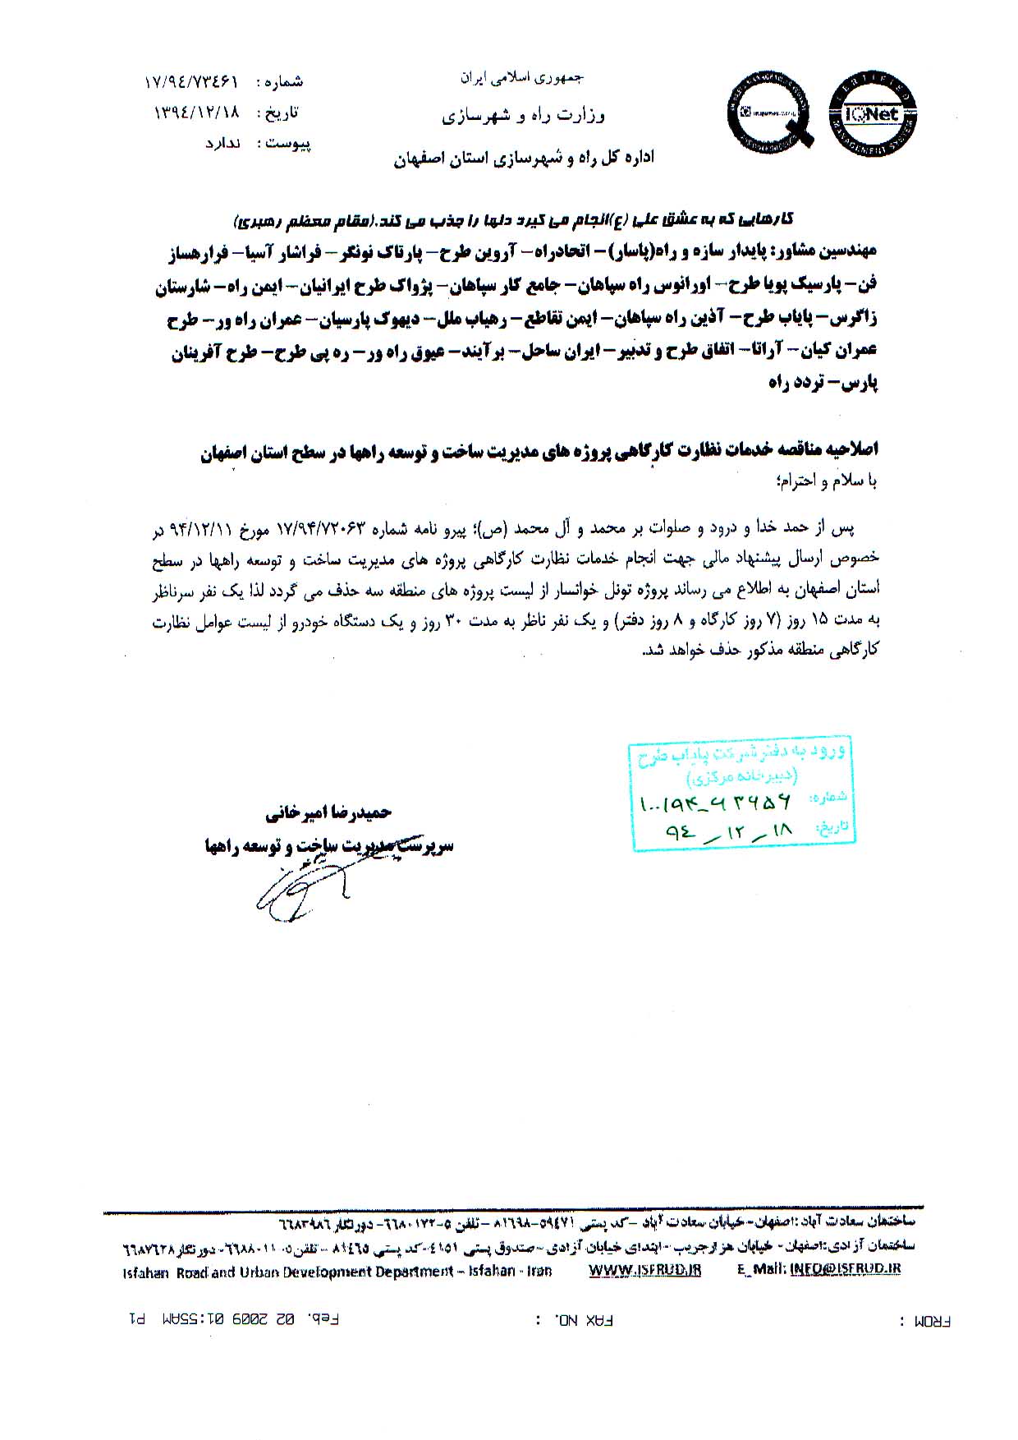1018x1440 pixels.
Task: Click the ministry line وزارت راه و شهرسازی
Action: click(x=524, y=116)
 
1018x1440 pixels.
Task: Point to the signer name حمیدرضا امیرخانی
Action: click(x=328, y=813)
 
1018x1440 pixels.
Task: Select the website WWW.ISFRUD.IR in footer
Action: click(x=645, y=1270)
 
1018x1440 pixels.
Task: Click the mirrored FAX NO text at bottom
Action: click(x=575, y=1321)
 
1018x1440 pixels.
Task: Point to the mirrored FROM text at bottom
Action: click(x=933, y=1322)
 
